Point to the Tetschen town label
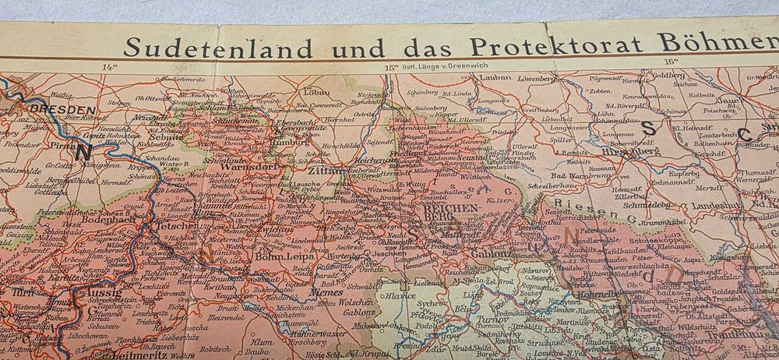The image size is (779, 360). [x=178, y=226]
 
